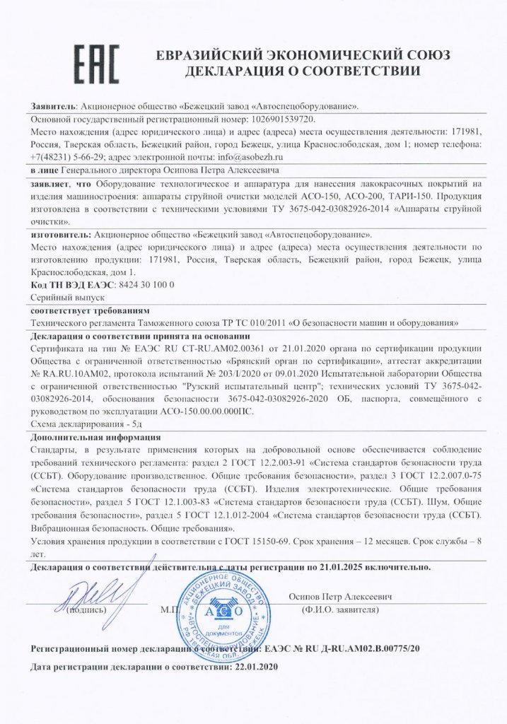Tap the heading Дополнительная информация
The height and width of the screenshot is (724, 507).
pos(96,438)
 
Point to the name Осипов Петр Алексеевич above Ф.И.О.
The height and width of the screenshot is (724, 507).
pos(341,597)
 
